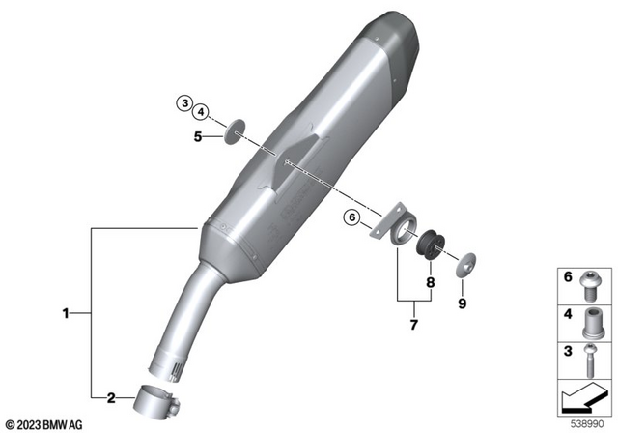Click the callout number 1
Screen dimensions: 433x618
(66, 312)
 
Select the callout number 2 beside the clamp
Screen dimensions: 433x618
(111, 397)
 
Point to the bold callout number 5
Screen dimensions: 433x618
(199, 137)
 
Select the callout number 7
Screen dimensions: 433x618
(412, 325)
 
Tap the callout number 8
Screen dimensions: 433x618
(432, 283)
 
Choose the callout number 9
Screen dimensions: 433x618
(462, 303)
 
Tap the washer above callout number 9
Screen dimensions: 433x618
(466, 262)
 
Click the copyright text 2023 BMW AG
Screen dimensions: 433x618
(45, 423)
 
